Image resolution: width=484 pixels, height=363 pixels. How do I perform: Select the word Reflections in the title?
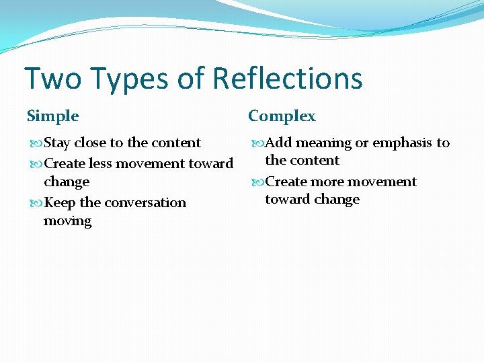pyautogui.click(x=288, y=79)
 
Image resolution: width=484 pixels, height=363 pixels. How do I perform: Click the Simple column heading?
pyautogui.click(x=52, y=116)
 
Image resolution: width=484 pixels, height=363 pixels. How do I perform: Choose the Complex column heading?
pyautogui.click(x=282, y=116)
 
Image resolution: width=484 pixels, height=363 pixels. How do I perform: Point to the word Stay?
pyautogui.click(x=57, y=143)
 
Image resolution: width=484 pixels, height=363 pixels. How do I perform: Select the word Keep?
pyautogui.click(x=60, y=202)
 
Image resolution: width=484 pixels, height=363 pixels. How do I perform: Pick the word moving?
pyautogui.click(x=67, y=220)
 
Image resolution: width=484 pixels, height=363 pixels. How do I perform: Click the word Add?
pyautogui.click(x=279, y=143)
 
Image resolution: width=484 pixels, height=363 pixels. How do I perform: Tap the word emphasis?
pyautogui.click(x=402, y=143)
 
